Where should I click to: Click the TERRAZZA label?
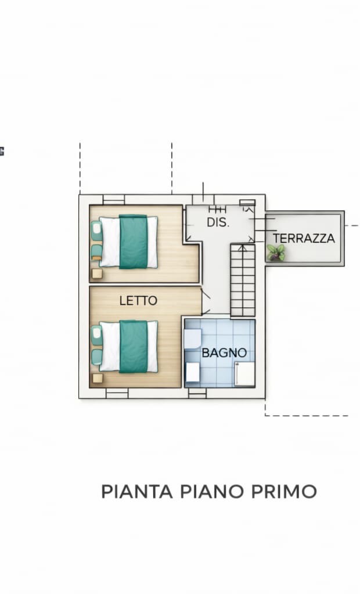[x=304, y=238]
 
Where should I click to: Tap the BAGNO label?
[x=224, y=352]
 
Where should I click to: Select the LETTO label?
[x=138, y=301]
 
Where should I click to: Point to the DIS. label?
[x=218, y=222]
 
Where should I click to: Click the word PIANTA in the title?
[x=137, y=491]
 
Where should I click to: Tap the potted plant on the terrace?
[x=276, y=253]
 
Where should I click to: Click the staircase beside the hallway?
[x=243, y=280]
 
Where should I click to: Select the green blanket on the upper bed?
[x=133, y=242]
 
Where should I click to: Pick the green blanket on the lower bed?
[x=134, y=346]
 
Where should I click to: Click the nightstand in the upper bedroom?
[x=97, y=273]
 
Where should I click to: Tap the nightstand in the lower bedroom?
[x=98, y=378]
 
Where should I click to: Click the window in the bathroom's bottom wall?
[x=197, y=393]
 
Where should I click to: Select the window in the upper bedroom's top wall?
[x=114, y=200]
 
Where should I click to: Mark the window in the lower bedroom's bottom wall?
[x=117, y=393]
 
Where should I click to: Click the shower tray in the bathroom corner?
[x=244, y=374]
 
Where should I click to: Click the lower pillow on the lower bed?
[x=96, y=357]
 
